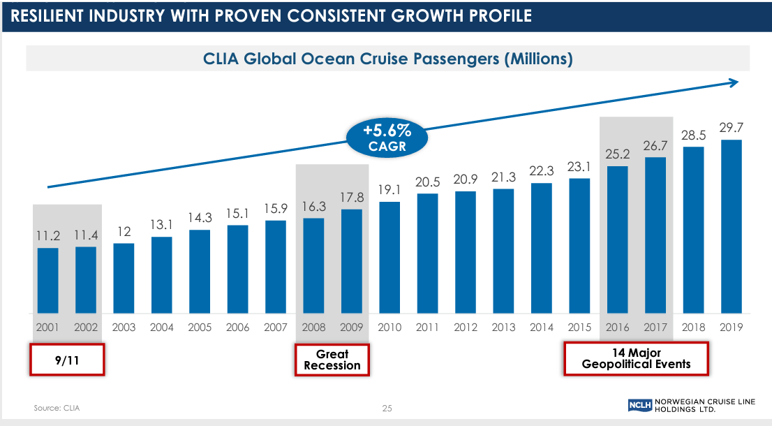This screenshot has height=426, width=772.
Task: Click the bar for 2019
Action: [x=731, y=226]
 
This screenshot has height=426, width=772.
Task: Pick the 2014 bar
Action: [x=542, y=248]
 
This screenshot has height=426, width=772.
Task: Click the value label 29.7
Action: [x=731, y=128]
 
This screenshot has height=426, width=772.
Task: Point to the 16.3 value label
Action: [x=313, y=207]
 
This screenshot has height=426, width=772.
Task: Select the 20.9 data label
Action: [x=466, y=179]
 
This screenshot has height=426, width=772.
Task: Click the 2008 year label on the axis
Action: [x=313, y=327]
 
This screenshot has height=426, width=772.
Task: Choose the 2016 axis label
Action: [x=618, y=327]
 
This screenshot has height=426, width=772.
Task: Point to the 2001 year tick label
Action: [x=47, y=327]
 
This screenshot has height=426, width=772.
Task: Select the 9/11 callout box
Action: [x=67, y=360]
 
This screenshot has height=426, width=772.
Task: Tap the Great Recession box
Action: [x=332, y=360]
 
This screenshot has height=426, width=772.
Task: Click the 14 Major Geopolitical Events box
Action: [x=636, y=359]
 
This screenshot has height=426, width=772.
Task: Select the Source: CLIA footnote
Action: [x=57, y=408]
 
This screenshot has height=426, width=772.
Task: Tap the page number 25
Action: [x=387, y=408]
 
